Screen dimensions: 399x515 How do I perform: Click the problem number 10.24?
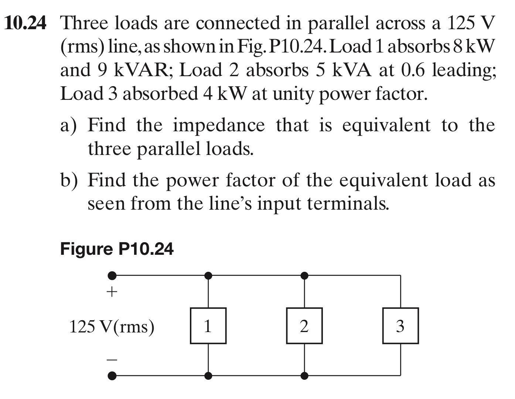coord(25,24)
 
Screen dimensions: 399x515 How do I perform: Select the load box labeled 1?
coord(208,326)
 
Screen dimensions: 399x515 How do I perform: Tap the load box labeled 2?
coord(304,326)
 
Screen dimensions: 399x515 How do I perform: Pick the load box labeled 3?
coord(400,326)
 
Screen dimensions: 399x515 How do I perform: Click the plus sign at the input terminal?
coord(112,293)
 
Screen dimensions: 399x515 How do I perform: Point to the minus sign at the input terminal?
coord(112,359)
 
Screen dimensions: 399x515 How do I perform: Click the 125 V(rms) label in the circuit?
coord(112,327)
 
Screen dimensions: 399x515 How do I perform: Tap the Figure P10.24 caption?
coord(116,249)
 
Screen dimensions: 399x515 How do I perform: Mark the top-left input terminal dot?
coord(112,275)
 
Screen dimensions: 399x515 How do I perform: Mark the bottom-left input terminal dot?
coord(112,376)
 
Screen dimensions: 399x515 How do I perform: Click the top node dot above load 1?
coord(208,275)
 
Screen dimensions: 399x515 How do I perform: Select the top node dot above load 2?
coord(304,275)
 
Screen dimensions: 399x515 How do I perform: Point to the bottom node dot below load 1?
coord(208,376)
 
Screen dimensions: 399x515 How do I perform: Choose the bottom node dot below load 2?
coord(304,376)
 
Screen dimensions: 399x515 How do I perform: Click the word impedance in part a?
coord(219,126)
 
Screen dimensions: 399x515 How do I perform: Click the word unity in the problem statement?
coord(293,94)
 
